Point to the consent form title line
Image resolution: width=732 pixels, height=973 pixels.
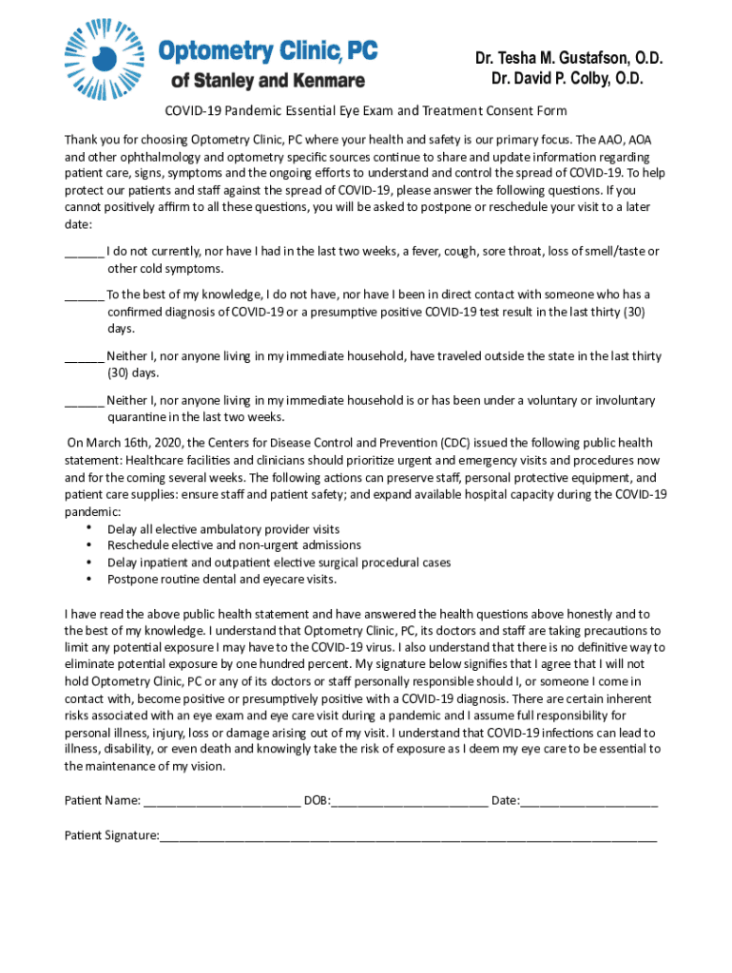tap(366, 111)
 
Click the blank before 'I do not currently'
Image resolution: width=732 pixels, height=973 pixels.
tap(84, 253)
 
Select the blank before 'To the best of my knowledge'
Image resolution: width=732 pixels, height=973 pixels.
tap(84, 296)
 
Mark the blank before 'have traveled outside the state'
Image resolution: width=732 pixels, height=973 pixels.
tap(84, 357)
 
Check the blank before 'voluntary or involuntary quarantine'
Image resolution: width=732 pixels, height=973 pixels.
tap(84, 401)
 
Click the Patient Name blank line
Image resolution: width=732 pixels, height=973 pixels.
tap(222, 802)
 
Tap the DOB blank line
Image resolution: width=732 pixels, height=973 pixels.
tap(409, 802)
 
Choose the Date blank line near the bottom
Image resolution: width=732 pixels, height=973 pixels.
tap(588, 802)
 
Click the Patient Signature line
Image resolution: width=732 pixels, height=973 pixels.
tap(408, 836)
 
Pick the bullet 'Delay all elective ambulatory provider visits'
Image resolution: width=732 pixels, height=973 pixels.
tap(223, 529)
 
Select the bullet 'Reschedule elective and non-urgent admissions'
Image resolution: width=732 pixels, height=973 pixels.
tap(234, 545)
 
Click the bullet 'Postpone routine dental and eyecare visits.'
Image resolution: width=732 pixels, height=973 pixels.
tap(222, 579)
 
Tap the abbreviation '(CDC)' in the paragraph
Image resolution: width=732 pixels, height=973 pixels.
tap(455, 443)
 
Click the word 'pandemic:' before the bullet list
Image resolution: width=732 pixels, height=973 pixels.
tap(92, 511)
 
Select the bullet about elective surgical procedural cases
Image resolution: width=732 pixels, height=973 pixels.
tap(279, 563)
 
